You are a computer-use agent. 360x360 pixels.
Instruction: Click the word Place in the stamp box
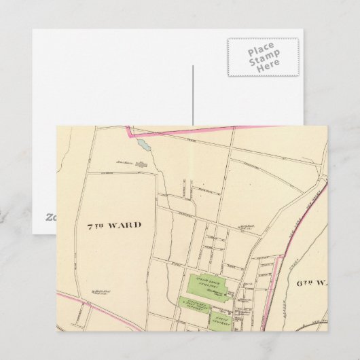(x=262, y=52)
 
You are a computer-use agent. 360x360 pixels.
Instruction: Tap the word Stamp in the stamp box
(x=262, y=60)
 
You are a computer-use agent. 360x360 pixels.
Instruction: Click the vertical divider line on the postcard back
(x=193, y=95)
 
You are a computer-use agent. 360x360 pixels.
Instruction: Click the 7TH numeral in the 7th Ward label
(x=96, y=225)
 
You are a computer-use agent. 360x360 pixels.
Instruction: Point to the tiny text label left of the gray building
(x=123, y=163)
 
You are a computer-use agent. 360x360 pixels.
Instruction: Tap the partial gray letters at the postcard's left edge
(x=50, y=217)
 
